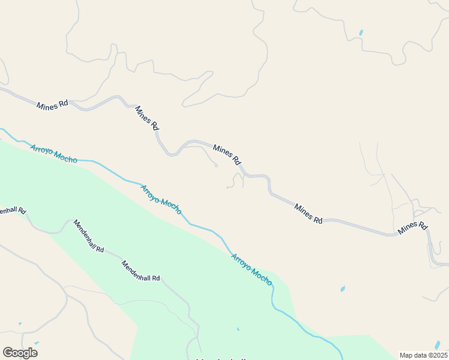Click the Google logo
coord(20,353)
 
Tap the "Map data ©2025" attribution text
coord(423,355)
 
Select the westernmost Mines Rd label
coord(52,105)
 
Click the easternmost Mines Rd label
coord(412,227)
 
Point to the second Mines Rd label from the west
coord(146,118)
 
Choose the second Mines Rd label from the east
coord(308,214)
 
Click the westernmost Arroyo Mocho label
coord(53,153)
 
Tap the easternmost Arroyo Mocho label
coord(252,269)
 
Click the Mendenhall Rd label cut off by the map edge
coord(13,211)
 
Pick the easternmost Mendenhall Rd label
coord(141,271)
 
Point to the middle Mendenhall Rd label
coord(89,236)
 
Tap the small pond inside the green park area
coord(238,329)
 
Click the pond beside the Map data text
coord(438,344)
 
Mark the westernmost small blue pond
coord(20,324)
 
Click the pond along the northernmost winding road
coord(361,32)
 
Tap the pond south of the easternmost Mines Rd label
coord(343,289)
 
